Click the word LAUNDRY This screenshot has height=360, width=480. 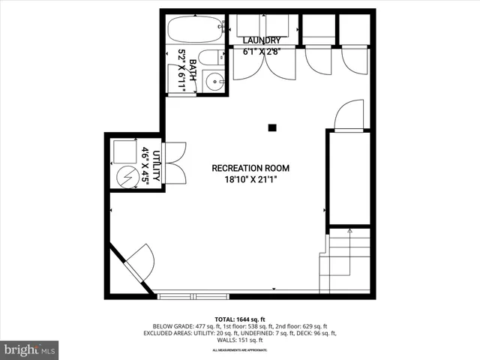[x=262, y=40]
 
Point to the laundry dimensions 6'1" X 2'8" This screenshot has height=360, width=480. [x=262, y=52]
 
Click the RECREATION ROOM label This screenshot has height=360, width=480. [x=250, y=168]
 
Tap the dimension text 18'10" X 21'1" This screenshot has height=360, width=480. [x=250, y=180]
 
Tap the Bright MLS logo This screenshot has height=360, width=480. [x=30, y=349]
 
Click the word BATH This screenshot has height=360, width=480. [x=193, y=71]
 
